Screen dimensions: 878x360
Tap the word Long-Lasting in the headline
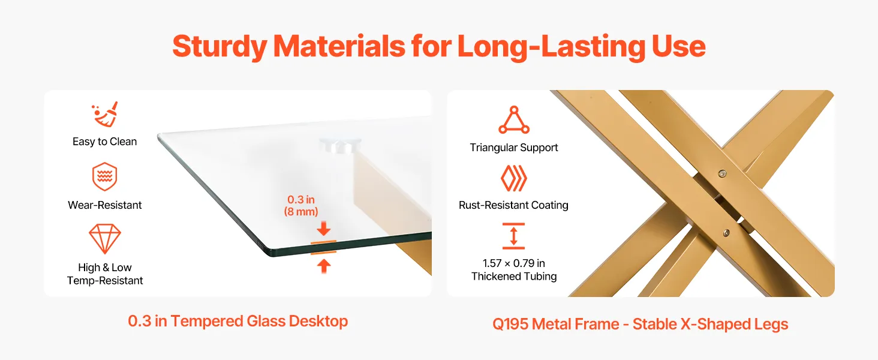(x=551, y=47)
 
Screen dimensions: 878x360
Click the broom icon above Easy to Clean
(x=105, y=114)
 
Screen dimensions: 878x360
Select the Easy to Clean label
(x=105, y=142)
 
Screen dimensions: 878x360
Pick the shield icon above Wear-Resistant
(x=105, y=176)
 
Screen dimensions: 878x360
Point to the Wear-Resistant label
(x=105, y=205)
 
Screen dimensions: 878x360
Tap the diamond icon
(x=105, y=239)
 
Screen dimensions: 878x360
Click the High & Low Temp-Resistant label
(x=105, y=274)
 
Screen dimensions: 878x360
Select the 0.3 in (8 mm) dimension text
(x=301, y=205)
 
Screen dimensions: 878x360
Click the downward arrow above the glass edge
(x=324, y=228)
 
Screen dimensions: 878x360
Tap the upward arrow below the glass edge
(x=324, y=266)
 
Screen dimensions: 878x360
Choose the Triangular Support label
(x=514, y=148)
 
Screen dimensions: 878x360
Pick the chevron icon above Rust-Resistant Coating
(x=514, y=178)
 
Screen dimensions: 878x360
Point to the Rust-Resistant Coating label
(x=513, y=205)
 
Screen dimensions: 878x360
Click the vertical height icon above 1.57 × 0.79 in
(x=513, y=236)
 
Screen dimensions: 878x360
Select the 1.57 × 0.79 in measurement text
(x=514, y=263)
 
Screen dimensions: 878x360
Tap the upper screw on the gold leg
(x=722, y=173)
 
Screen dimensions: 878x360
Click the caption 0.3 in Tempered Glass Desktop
(x=238, y=321)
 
